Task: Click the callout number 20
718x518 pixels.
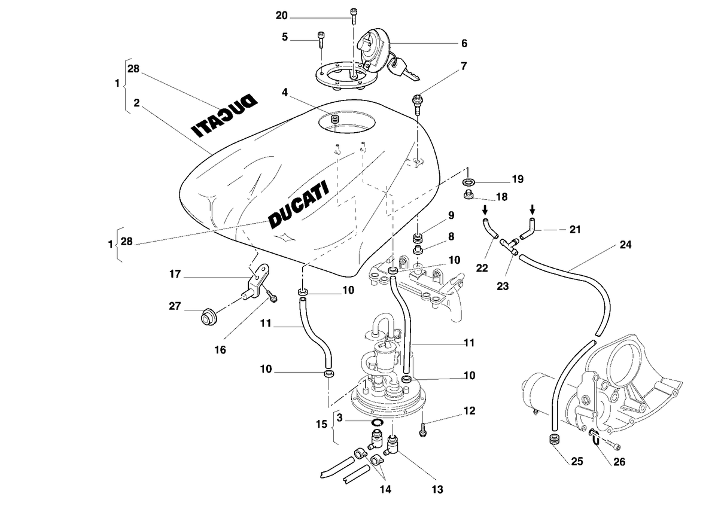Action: (x=282, y=16)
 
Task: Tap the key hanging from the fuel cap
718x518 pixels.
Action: (x=403, y=69)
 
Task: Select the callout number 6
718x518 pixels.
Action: (x=464, y=43)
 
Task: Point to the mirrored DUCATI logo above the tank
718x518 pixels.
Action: (x=224, y=115)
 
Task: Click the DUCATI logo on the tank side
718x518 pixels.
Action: (x=299, y=205)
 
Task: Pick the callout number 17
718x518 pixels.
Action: (x=175, y=274)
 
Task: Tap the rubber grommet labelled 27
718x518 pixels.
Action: (x=209, y=316)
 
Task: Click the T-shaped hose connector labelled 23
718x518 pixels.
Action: (x=510, y=246)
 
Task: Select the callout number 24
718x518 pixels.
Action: (x=625, y=245)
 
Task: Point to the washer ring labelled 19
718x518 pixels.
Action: (x=468, y=182)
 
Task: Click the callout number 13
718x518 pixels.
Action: (x=437, y=489)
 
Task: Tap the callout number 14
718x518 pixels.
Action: (x=385, y=489)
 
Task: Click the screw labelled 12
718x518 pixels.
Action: (x=423, y=429)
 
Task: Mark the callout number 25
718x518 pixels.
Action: (x=577, y=462)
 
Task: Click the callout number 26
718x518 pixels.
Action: (x=619, y=462)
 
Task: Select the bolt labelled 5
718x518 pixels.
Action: (x=321, y=39)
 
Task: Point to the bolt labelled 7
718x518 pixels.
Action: (x=416, y=103)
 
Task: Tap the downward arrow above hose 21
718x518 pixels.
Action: (x=532, y=210)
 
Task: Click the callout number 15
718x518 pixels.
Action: (x=321, y=424)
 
